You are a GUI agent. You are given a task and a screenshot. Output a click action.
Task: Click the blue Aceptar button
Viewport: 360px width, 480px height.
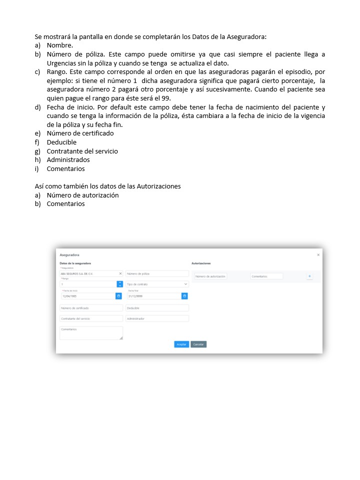(181, 344)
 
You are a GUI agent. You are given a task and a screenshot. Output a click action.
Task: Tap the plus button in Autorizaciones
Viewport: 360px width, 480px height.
(309, 276)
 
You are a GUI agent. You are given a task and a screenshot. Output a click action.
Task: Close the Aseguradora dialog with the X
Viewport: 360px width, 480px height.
(318, 255)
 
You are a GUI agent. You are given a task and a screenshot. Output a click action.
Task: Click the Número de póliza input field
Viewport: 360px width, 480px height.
(157, 274)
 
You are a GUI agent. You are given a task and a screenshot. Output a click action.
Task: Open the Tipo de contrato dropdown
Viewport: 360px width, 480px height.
(157, 284)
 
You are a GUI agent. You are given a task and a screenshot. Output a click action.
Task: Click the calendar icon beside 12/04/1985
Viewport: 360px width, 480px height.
(118, 296)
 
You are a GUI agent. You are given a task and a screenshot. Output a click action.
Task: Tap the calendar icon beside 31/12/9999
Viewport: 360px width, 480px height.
(184, 296)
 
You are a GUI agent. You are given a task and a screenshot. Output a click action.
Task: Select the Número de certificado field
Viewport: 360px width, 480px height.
(90, 308)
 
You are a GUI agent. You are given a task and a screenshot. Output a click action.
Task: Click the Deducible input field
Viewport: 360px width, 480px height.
(157, 308)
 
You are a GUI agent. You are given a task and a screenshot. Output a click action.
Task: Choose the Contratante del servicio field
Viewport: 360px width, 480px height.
(90, 318)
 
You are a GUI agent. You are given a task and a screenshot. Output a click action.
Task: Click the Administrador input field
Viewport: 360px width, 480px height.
(157, 318)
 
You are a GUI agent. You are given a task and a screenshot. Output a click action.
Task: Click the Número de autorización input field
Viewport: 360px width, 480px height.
(210, 276)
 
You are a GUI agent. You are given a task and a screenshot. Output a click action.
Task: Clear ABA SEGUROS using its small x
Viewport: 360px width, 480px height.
(120, 274)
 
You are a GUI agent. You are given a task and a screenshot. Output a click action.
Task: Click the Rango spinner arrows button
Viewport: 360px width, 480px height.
(119, 284)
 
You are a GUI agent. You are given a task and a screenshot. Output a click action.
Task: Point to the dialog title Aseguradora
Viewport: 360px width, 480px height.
(69, 255)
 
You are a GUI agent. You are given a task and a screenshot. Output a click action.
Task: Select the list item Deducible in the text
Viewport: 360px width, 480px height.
(61, 142)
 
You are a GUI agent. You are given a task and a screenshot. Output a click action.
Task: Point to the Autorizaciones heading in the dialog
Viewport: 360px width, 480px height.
(201, 263)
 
